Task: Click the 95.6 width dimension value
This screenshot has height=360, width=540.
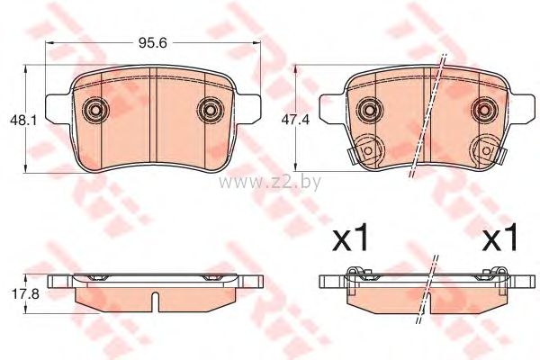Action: pyautogui.click(x=153, y=43)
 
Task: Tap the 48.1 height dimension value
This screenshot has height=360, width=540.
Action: pyautogui.click(x=24, y=121)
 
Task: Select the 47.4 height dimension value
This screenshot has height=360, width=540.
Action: pyautogui.click(x=295, y=120)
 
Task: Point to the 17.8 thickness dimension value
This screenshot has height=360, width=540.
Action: pyautogui.click(x=25, y=294)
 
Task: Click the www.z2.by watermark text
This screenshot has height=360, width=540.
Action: pyautogui.click(x=270, y=182)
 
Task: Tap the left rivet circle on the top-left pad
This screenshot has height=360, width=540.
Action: pyautogui.click(x=95, y=110)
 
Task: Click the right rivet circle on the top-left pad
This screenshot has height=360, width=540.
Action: pyautogui.click(x=210, y=110)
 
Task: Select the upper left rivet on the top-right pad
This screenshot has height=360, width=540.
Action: pyautogui.click(x=370, y=110)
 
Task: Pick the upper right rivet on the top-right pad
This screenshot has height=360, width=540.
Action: pyautogui.click(x=484, y=110)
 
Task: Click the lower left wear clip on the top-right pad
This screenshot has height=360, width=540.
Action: pyautogui.click(x=365, y=150)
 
